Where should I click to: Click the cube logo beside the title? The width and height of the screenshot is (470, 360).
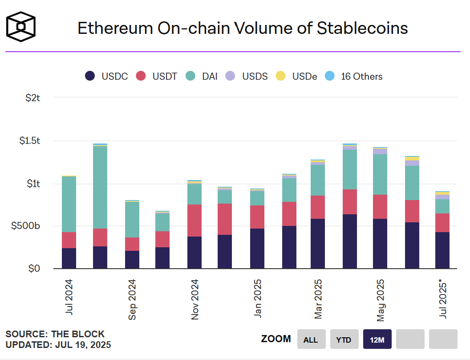(x=20, y=27)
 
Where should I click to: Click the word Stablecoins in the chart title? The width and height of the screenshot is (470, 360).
(x=362, y=28)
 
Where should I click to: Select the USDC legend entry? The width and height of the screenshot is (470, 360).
(x=106, y=76)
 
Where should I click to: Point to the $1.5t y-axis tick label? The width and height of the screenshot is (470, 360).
(x=29, y=141)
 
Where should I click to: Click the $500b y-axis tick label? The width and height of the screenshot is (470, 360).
(x=26, y=226)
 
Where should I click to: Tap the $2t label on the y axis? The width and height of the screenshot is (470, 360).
(x=33, y=98)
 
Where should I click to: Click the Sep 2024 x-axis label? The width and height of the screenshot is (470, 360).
(x=132, y=299)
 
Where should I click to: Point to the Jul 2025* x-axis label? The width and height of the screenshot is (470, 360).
(x=443, y=297)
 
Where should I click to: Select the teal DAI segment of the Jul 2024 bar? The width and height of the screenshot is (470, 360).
(x=69, y=204)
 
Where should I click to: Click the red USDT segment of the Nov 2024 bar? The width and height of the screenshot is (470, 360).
(x=194, y=221)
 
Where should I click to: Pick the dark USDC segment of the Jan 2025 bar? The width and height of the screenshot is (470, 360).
(x=257, y=248)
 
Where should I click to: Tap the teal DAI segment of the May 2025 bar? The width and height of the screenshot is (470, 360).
(x=380, y=174)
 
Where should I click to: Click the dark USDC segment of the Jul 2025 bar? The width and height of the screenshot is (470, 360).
(x=442, y=250)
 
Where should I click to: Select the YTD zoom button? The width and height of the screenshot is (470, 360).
(x=344, y=340)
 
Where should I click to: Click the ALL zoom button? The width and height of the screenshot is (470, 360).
(x=311, y=340)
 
